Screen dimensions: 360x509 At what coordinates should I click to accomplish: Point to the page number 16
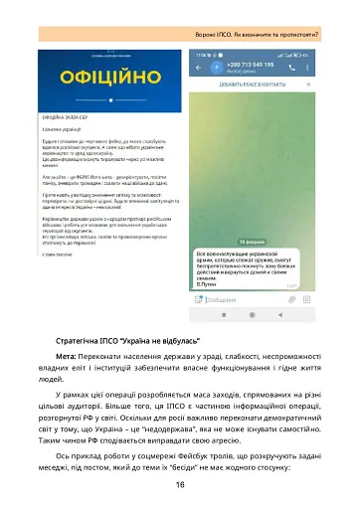click(x=180, y=484)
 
